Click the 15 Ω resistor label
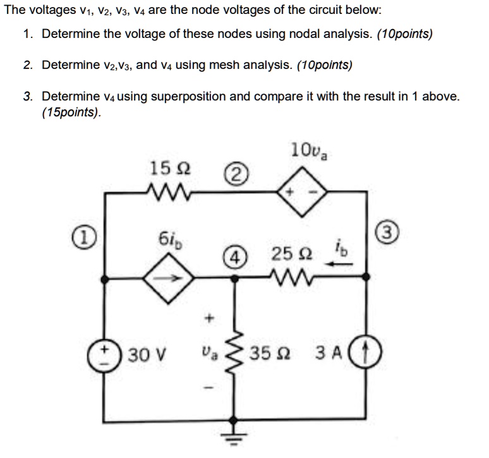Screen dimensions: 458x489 [x=166, y=169]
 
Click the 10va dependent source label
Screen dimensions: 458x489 [x=305, y=151]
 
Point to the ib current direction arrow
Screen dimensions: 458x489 [x=340, y=266]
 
